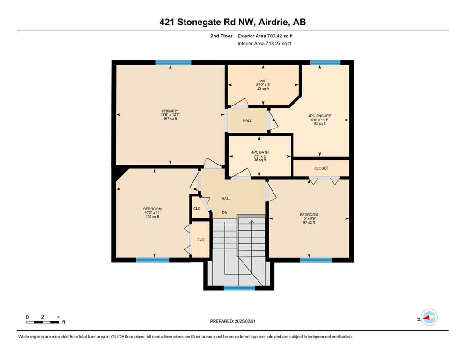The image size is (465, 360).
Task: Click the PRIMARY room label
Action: (170, 111)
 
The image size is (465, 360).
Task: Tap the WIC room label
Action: (263, 81)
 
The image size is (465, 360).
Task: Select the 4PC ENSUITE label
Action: (320, 116)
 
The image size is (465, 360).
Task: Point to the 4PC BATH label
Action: (260, 152)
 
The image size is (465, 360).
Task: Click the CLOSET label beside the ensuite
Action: (321, 168)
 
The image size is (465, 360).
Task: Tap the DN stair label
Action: (225, 212)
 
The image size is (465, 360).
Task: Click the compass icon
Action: (429, 317)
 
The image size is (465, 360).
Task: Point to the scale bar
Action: (43, 322)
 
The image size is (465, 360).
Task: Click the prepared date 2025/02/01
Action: (245, 321)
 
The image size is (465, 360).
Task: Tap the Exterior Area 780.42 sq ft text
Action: (265, 36)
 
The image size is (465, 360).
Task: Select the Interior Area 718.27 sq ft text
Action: (264, 43)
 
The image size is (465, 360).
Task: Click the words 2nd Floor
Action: (221, 36)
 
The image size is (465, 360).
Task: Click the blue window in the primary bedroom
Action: (173, 62)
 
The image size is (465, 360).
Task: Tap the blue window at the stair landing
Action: (239, 288)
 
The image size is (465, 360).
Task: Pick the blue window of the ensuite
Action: (325, 62)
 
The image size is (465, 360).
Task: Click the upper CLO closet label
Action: (197, 208)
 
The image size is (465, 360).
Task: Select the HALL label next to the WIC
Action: (247, 120)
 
